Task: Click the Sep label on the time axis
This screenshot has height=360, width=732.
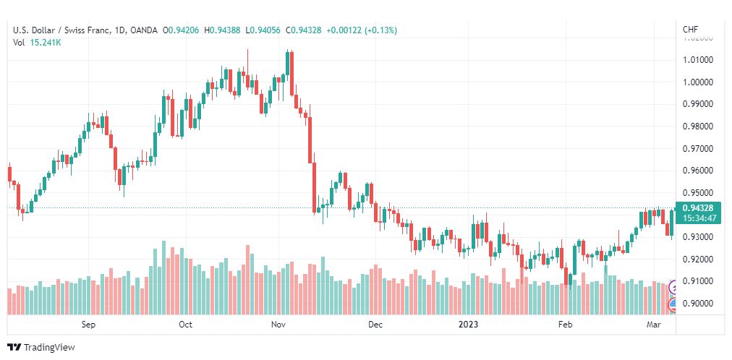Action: [88, 325]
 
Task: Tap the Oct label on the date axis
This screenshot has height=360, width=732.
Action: [185, 325]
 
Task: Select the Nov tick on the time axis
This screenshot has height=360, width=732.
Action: [278, 325]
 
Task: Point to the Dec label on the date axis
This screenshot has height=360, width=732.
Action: [374, 325]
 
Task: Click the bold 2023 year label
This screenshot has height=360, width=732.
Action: [469, 325]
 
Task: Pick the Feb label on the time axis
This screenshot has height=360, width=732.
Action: [566, 325]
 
